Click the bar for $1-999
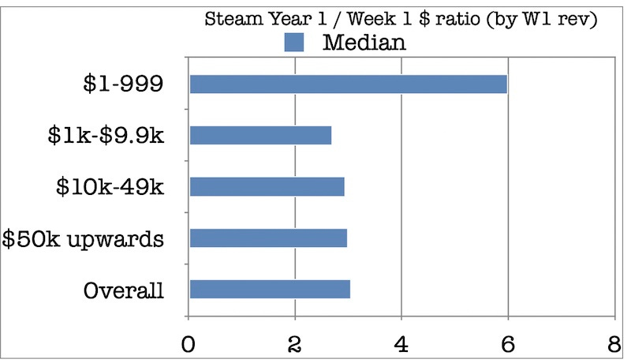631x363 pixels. click(x=348, y=84)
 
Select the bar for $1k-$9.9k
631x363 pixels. click(x=260, y=135)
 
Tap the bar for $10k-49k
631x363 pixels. click(x=267, y=186)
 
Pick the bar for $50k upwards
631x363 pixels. click(x=268, y=238)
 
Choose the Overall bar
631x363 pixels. click(x=270, y=289)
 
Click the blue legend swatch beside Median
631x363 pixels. click(x=293, y=43)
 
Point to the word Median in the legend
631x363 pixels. click(x=364, y=43)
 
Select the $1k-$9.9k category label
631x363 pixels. click(x=106, y=135)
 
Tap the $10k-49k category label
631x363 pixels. click(x=110, y=186)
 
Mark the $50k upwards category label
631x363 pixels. click(x=83, y=238)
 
